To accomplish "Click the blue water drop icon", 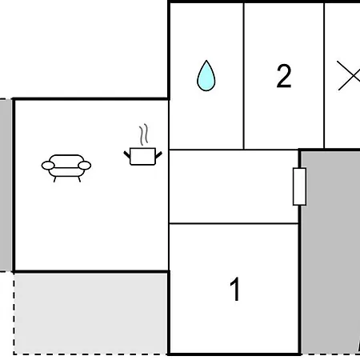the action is point(206,76).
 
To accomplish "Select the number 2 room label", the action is point(284,76).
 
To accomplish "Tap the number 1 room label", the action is point(234,289).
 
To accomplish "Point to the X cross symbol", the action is point(349,75).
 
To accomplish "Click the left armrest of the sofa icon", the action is point(48,166).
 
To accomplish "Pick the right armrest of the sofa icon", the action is point(85,166).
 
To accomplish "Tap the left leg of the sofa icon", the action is point(54,179).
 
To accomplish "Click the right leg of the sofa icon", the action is point(79,179).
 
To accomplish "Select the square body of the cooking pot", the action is point(142,157).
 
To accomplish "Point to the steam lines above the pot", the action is point(143,134).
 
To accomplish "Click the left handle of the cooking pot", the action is point(127,154).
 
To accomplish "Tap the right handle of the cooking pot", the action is point(158,155).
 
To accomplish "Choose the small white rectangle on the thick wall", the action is point(299,186).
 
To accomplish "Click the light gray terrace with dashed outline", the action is point(90,314).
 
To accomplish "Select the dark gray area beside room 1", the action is point(330,252).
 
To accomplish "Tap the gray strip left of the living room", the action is point(6,185).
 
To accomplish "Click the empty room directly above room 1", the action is point(234,186).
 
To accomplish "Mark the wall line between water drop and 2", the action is point(243,76).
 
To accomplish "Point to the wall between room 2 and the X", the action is point(324,76).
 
